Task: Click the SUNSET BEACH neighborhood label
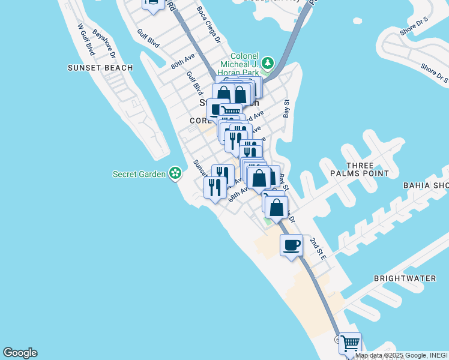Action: (x=100, y=68)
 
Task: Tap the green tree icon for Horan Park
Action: (x=268, y=63)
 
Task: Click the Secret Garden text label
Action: (x=139, y=174)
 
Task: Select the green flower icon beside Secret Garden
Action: (x=175, y=174)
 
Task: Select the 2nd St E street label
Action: (x=318, y=248)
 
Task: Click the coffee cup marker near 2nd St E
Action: (x=291, y=245)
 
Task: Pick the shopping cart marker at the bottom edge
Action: (x=350, y=344)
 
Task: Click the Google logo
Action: (x=20, y=353)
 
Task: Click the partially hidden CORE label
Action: (x=199, y=121)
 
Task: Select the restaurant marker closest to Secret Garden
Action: (x=214, y=187)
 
